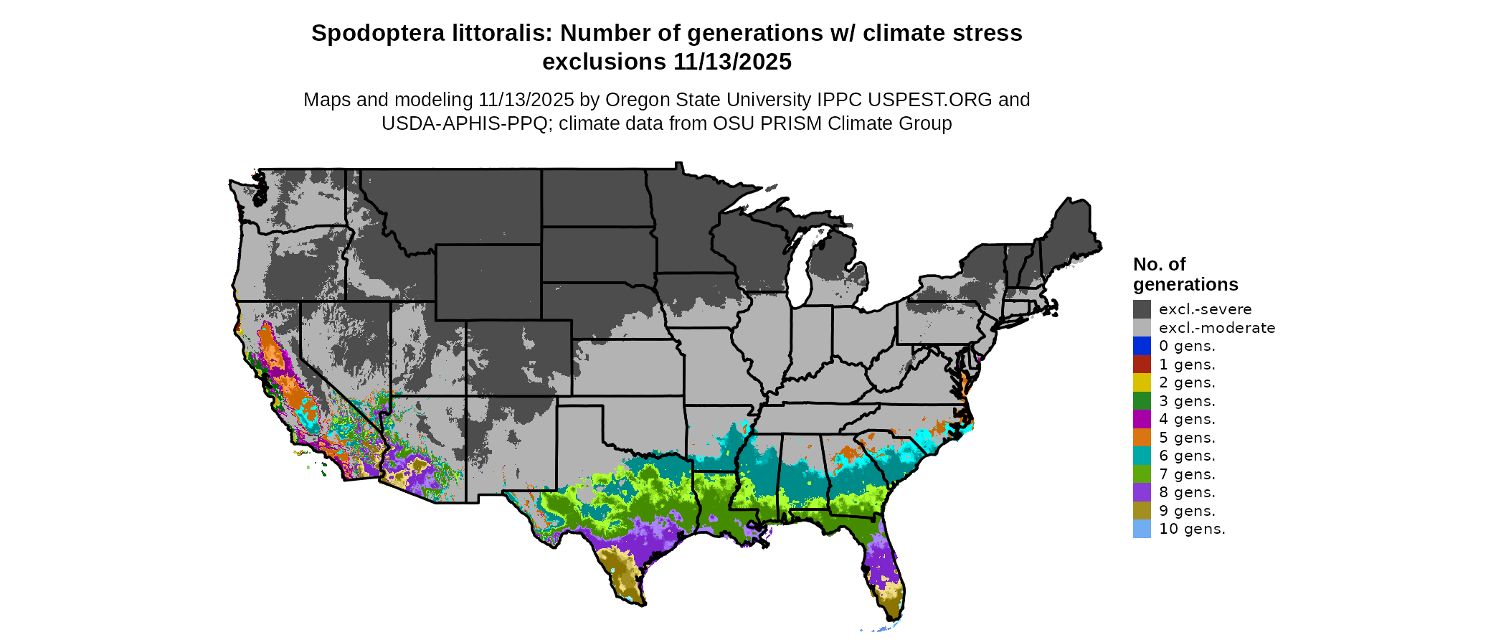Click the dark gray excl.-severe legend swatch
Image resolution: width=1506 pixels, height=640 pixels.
pos(1142,309)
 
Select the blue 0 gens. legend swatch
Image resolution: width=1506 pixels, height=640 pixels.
pos(1142,346)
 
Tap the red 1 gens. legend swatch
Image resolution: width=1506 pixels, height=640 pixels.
pos(1142,364)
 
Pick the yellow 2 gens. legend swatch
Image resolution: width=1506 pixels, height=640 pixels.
pos(1142,382)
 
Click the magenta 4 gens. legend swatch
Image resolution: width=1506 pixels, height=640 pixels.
pos(1142,419)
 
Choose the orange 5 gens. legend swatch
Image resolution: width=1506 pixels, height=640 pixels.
pos(1142,438)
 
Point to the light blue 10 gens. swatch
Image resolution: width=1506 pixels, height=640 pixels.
pos(1142,529)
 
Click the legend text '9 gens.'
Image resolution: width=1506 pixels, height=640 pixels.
pos(1187,511)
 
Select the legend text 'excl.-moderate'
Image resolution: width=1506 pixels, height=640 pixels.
pos(1217,328)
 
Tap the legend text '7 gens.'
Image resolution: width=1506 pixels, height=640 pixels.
pos(1187,474)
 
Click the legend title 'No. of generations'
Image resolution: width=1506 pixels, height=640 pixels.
pos(1185,274)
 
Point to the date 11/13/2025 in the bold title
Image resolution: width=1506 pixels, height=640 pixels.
pos(732,62)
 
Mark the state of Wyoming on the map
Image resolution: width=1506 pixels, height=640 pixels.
pos(488,282)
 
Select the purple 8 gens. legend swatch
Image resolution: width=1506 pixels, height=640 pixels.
pos(1142,492)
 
